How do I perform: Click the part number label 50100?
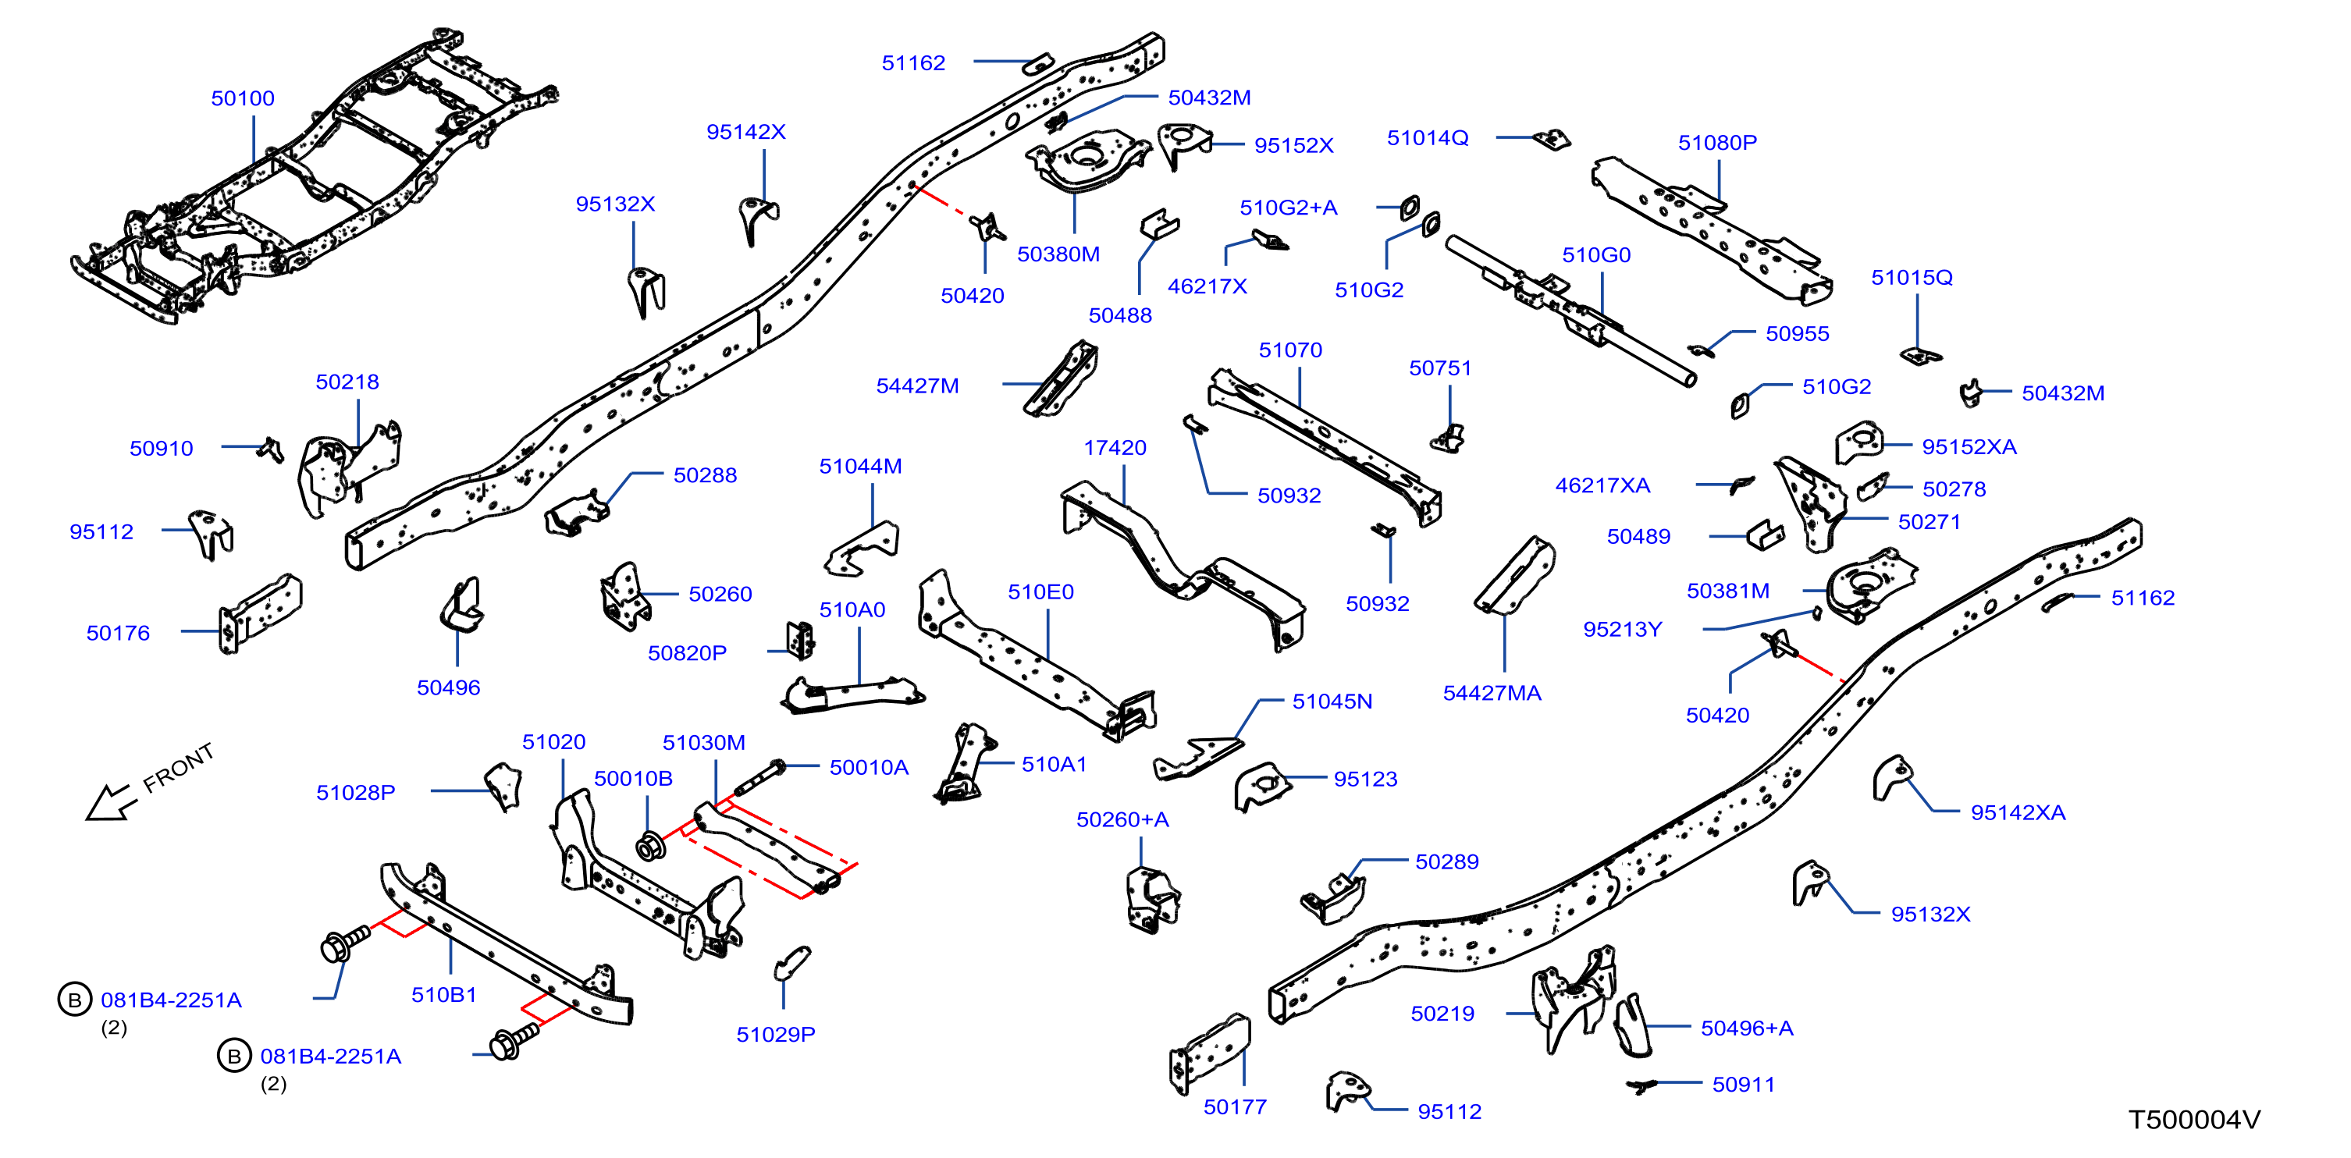(x=243, y=98)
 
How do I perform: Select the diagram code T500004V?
(x=2195, y=1120)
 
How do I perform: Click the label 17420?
(x=1115, y=448)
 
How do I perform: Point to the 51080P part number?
(x=1716, y=142)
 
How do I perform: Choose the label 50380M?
(x=1058, y=254)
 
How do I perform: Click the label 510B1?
(x=443, y=995)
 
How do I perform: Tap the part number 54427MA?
(x=1492, y=694)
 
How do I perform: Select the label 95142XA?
(x=2017, y=813)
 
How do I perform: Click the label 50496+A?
(x=1747, y=1028)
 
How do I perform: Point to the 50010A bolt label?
(x=869, y=767)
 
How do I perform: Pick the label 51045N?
(x=1332, y=702)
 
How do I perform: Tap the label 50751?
(x=1440, y=368)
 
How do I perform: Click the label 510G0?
(x=1595, y=255)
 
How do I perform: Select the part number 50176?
(x=118, y=634)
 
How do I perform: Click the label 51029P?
(x=776, y=1035)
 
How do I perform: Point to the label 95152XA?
(x=1969, y=447)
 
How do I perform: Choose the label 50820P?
(x=687, y=653)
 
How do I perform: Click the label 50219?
(x=1442, y=1014)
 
